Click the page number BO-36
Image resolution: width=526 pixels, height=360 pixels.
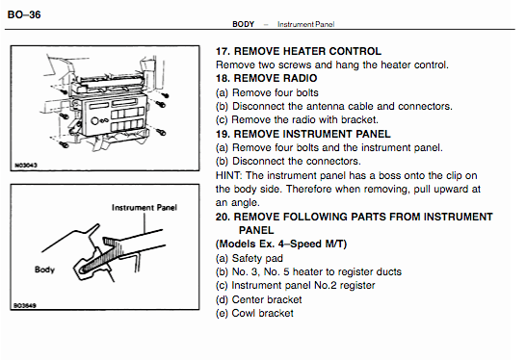[x=24, y=14]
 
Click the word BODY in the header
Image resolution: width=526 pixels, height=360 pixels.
[x=243, y=24]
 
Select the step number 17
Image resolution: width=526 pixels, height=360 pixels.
[x=223, y=51]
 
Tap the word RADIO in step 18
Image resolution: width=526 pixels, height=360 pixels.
[x=300, y=78]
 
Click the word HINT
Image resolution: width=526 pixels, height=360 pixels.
[x=228, y=175]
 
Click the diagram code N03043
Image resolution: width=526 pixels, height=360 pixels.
[x=26, y=165]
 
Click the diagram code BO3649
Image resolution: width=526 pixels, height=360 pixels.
[x=25, y=305]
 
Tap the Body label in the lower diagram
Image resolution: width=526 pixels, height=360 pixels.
[x=44, y=270]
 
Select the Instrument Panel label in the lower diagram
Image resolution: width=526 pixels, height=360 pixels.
[x=145, y=208]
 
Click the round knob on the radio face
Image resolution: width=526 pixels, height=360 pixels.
[x=94, y=121]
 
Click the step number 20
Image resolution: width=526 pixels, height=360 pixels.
[x=223, y=217]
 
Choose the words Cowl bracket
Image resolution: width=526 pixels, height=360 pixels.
[x=262, y=313]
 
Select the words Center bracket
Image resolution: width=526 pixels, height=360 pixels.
[x=267, y=299]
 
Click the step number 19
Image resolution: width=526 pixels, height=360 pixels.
[x=223, y=134]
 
